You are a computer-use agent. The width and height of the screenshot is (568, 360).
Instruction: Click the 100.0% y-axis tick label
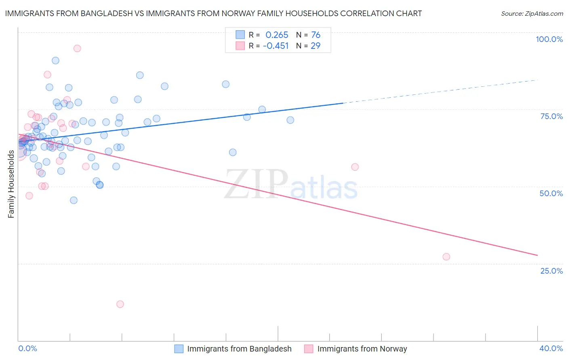pos(549,39)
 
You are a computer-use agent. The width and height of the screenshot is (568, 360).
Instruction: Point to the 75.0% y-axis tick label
pos(551,116)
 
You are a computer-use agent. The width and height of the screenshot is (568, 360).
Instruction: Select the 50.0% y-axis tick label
pos(551,193)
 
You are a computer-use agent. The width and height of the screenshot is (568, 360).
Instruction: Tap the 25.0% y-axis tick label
pos(551,270)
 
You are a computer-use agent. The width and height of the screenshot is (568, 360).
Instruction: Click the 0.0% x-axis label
pos(27,348)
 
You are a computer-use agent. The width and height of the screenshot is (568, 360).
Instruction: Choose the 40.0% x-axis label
pos(551,348)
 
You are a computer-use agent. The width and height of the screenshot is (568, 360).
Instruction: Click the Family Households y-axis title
pos(11,184)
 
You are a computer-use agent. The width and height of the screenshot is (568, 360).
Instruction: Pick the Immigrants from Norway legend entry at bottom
pos(362,349)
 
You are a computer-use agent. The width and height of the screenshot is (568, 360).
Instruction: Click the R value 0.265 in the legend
pos(277,35)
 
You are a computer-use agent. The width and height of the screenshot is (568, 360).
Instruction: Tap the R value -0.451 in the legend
pos(276,46)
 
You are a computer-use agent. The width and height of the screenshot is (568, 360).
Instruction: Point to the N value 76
pos(316,35)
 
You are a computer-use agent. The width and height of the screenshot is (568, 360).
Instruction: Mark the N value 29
pos(316,46)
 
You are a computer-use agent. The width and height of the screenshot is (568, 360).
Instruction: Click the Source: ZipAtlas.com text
pos(532,14)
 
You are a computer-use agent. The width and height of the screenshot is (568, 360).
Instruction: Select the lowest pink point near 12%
pos(120,304)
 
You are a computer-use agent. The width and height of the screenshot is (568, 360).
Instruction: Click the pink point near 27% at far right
pos(446,257)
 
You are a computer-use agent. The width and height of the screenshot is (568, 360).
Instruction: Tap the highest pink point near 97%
pos(77,48)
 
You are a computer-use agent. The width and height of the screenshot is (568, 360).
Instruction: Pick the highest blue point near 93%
pos(55,61)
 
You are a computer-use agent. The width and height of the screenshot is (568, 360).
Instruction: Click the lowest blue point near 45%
pos(74,200)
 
